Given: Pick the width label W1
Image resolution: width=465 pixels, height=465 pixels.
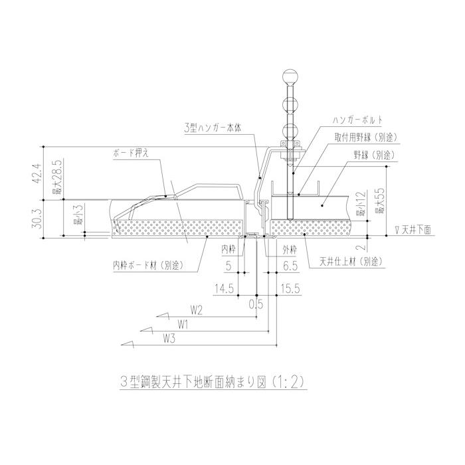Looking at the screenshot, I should (x=185, y=325).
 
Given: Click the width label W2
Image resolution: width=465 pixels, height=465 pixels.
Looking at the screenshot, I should (x=196, y=310).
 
